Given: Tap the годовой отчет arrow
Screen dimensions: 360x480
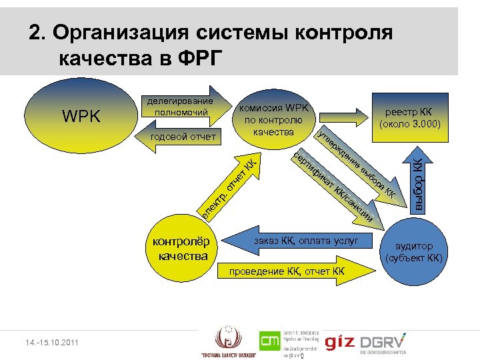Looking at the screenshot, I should click(x=183, y=138).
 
